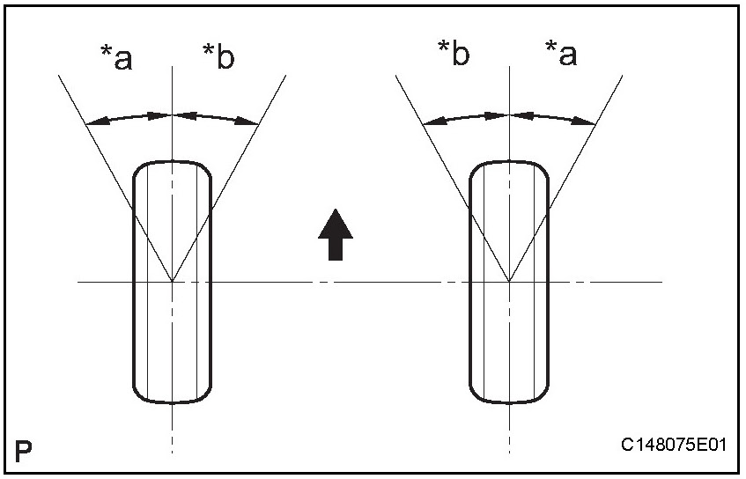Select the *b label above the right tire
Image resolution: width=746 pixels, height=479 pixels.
pos(454,55)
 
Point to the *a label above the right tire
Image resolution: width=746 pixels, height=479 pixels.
pos(561,55)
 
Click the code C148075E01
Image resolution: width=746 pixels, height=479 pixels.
pos(674,446)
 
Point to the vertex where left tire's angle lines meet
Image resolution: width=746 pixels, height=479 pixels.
pos(172,282)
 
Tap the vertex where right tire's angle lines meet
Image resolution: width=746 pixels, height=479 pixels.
pos(509,282)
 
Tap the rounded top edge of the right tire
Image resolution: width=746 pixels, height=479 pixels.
pos(509,162)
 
